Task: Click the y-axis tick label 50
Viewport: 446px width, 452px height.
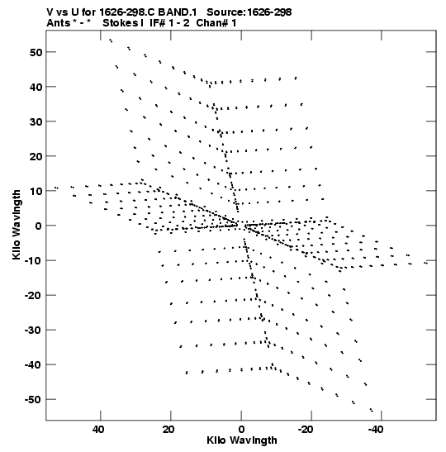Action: coord(36,52)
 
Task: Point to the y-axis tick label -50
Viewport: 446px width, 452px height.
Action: coord(33,400)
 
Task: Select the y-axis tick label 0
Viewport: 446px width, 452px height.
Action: coord(39,226)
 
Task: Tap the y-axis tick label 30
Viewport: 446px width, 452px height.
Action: coord(36,122)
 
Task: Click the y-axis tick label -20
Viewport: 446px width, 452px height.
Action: coord(33,296)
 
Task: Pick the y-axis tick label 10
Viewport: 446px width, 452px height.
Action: coord(36,192)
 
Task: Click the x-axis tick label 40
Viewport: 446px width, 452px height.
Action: coord(98,430)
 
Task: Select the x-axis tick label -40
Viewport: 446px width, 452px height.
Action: coord(376,430)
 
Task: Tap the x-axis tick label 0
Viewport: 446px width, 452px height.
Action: coord(241,430)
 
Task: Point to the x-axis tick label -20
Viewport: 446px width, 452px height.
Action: coord(305,430)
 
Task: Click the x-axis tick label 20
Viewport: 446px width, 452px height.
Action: coord(168,430)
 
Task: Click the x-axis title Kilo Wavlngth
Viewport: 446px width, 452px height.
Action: coord(242,440)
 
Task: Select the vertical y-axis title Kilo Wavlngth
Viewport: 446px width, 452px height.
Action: coord(17,225)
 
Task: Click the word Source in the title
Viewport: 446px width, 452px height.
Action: coord(225,12)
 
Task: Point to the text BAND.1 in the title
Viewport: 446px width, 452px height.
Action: coord(178,12)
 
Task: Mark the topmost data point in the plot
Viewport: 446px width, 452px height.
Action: coord(111,40)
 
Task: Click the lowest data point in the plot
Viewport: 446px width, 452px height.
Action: coord(372,410)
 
